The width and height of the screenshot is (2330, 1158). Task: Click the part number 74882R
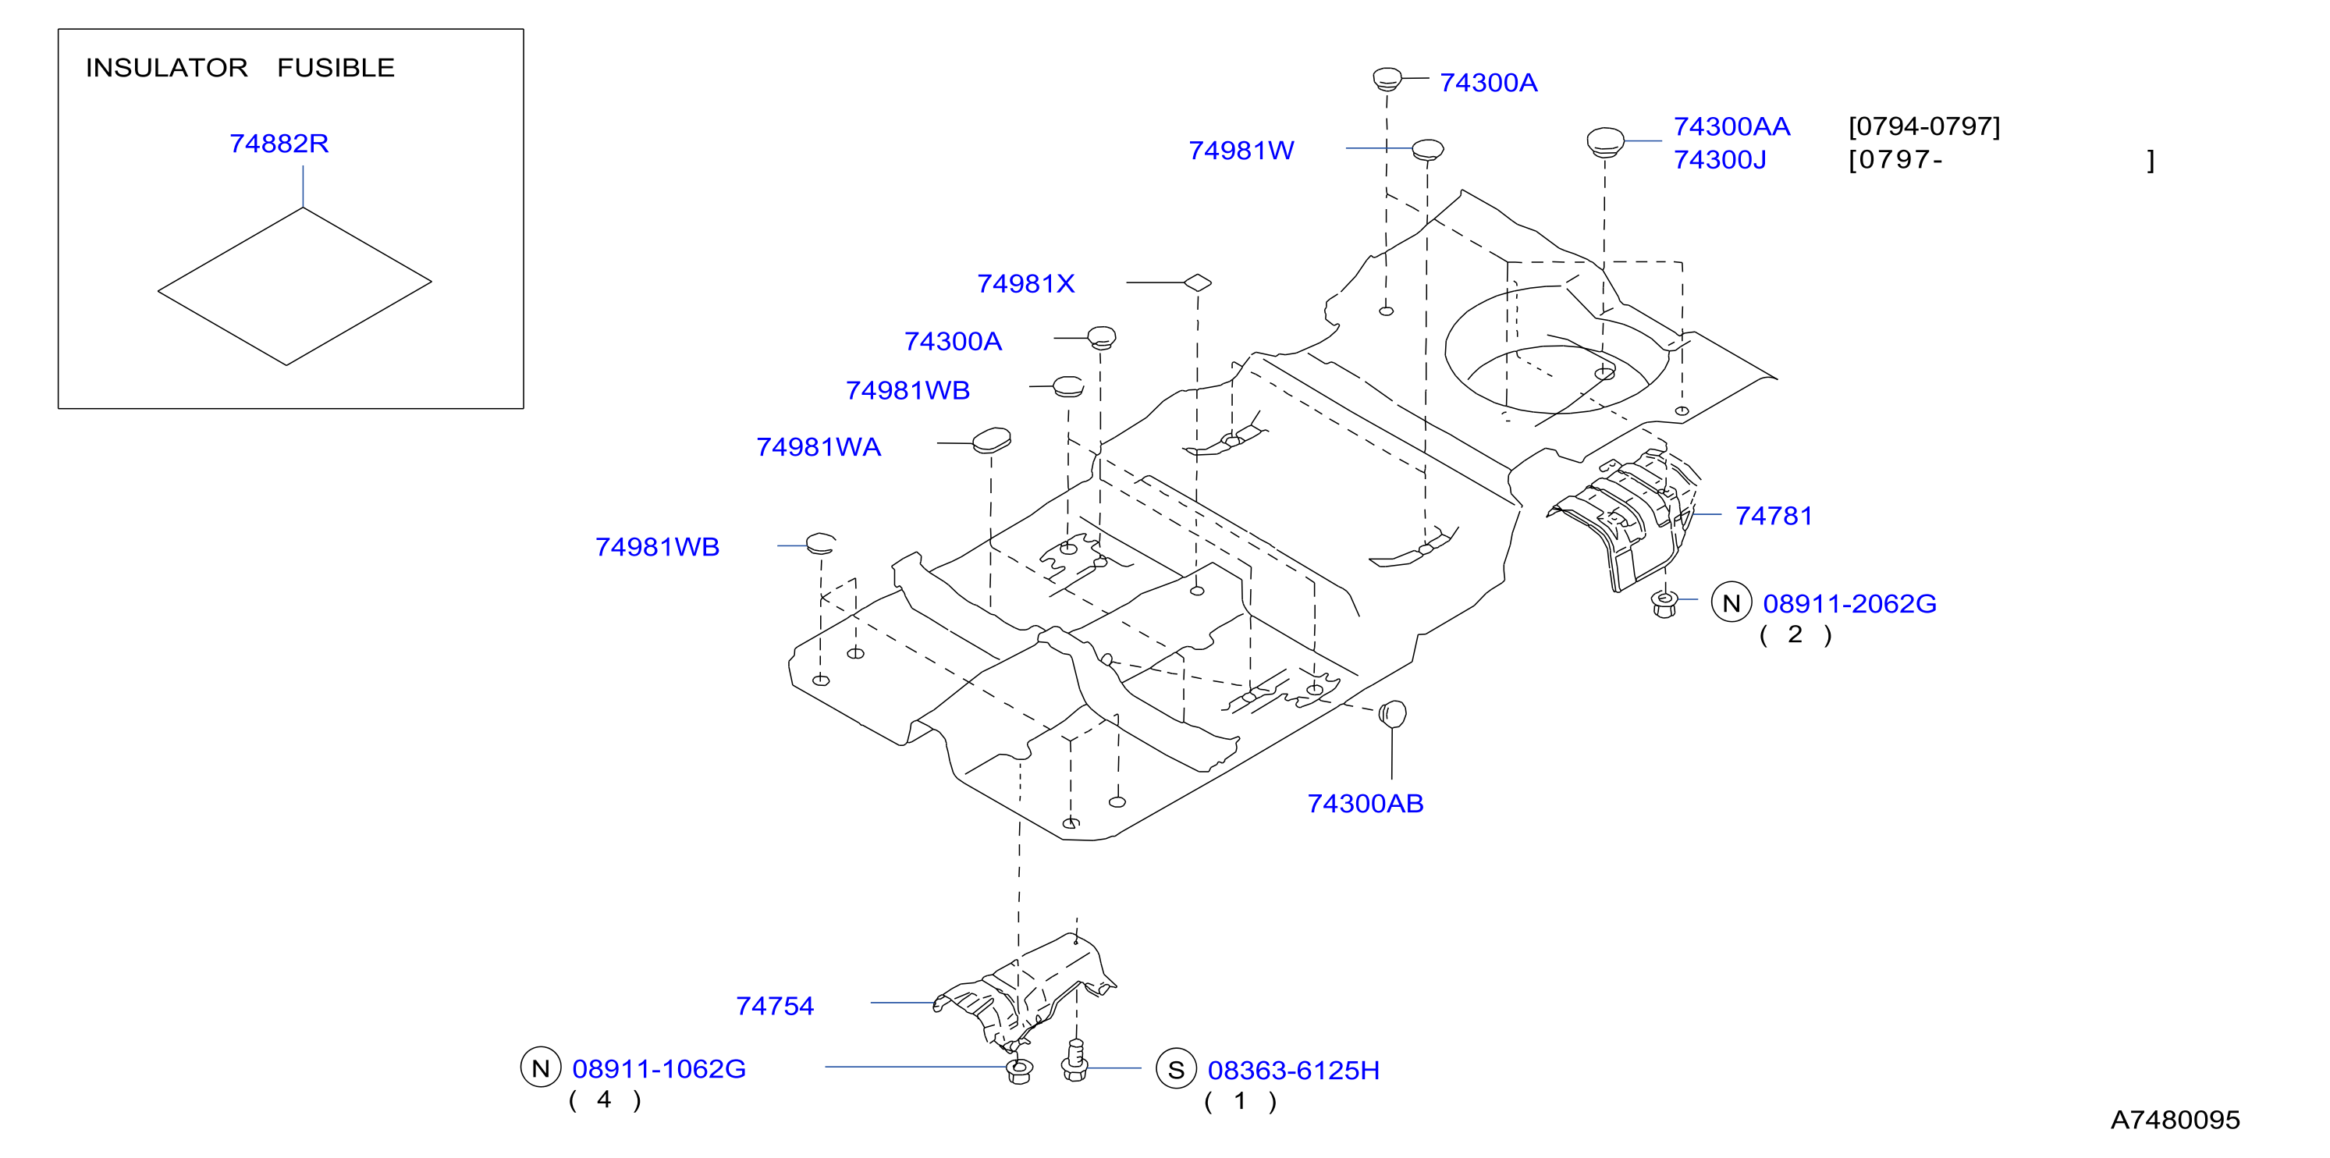coord(279,144)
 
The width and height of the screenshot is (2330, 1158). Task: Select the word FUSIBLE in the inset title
coord(336,68)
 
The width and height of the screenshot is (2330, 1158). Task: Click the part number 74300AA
coord(1732,126)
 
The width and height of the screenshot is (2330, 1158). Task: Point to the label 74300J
coord(1720,160)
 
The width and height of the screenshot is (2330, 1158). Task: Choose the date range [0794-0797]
coord(1924,126)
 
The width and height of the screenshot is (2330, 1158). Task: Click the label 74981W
coord(1241,150)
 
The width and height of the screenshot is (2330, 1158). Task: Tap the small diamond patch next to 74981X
coord(1198,282)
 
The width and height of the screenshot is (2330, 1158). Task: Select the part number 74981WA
coord(819,447)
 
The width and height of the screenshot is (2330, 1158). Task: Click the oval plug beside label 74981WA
coord(991,441)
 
